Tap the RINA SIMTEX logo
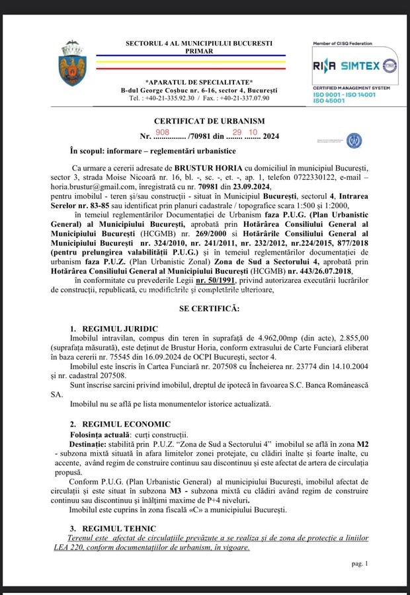(354, 67)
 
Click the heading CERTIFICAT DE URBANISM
(209, 121)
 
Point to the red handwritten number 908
(161, 132)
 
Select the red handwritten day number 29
(236, 132)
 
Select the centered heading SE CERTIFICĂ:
(209, 309)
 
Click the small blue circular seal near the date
(354, 139)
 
